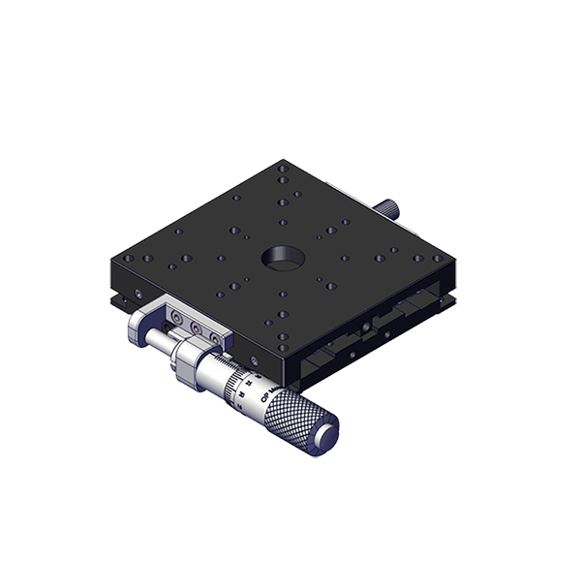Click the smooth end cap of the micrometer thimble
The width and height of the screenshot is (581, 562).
328,434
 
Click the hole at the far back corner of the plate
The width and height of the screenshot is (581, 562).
281,169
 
